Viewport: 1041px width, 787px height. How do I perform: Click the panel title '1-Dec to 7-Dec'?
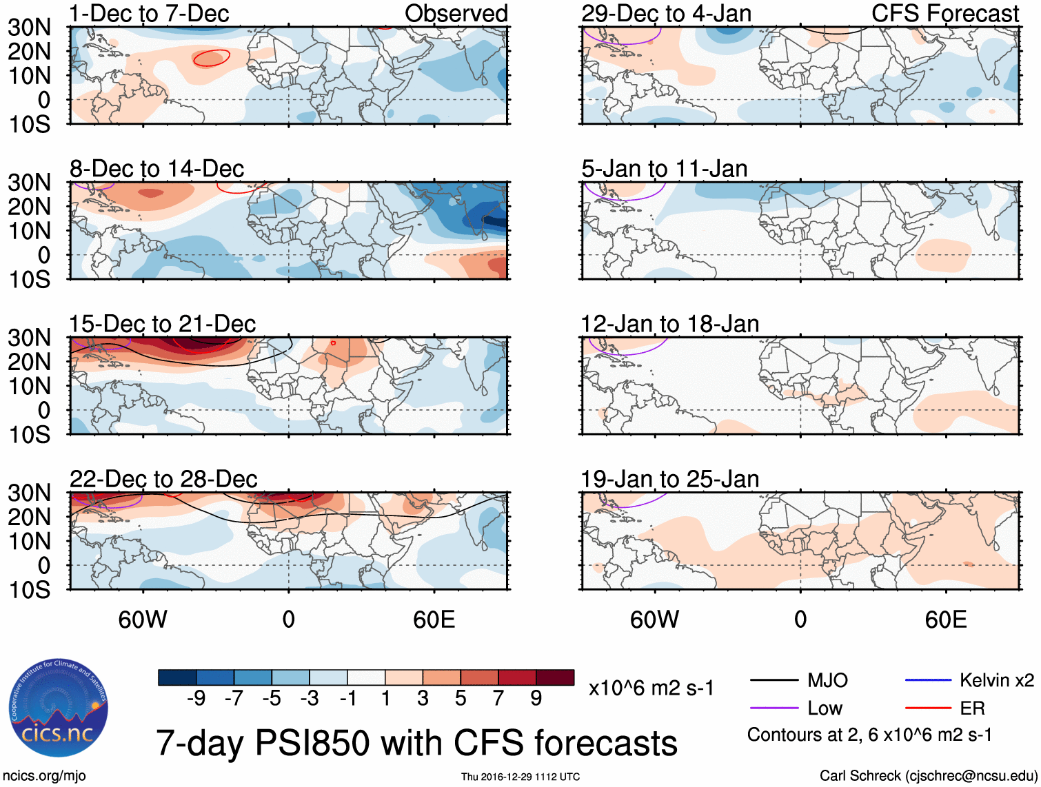pos(149,13)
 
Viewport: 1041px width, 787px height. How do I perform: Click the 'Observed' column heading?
pos(456,13)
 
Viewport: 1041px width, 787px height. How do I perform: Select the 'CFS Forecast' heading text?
pos(945,13)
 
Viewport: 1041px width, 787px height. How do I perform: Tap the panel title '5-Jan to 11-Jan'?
pos(665,169)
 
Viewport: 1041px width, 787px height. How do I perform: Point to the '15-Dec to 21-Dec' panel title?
pos(163,324)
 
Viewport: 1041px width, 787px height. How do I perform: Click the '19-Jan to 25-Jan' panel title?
pos(670,479)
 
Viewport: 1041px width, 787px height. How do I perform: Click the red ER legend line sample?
pos(928,708)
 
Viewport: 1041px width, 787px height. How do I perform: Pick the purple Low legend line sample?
pos(774,708)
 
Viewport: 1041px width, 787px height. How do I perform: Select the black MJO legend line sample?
pos(774,680)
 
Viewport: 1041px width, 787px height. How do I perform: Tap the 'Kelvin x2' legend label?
pos(997,680)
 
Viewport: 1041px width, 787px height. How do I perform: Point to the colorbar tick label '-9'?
pos(196,699)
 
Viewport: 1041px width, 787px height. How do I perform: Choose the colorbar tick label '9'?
pos(536,699)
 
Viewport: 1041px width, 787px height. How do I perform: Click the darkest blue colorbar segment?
pos(177,677)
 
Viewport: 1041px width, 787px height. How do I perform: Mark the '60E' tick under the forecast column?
pos(946,620)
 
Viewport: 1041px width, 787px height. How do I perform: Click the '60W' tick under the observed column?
pos(143,620)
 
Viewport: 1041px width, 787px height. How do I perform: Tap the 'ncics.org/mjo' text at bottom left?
pos(44,776)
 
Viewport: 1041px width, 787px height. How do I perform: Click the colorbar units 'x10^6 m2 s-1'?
pos(651,688)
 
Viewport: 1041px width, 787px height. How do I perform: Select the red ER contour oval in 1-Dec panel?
pos(211,59)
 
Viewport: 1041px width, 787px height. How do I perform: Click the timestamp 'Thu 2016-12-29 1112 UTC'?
pos(520,777)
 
